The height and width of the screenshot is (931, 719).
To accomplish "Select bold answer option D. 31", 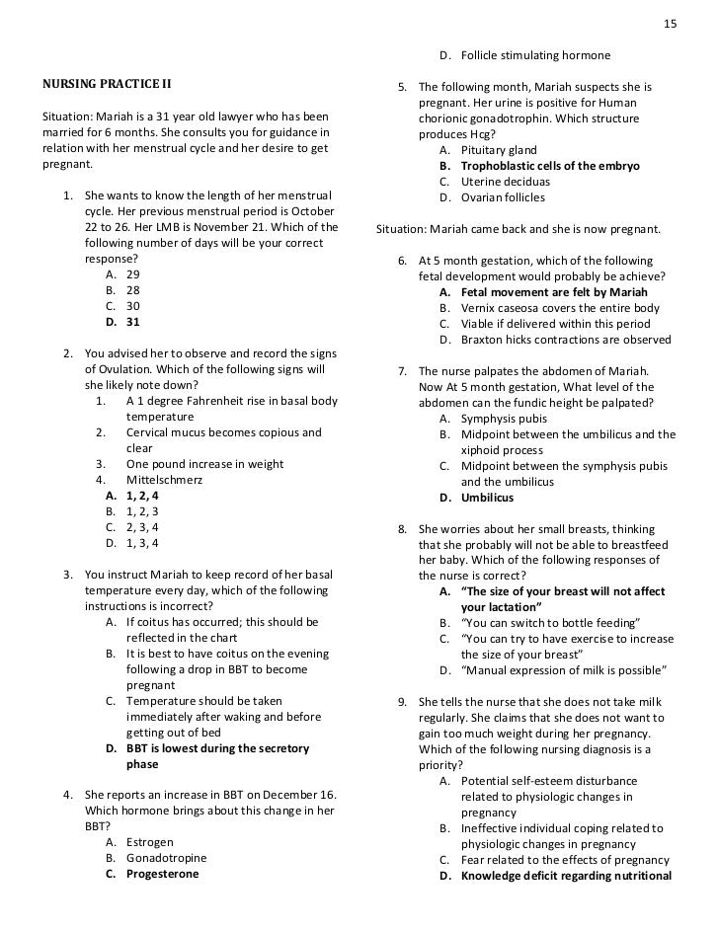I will coord(121,322).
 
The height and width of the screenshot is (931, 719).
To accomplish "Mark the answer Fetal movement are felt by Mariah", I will coord(542,292).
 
